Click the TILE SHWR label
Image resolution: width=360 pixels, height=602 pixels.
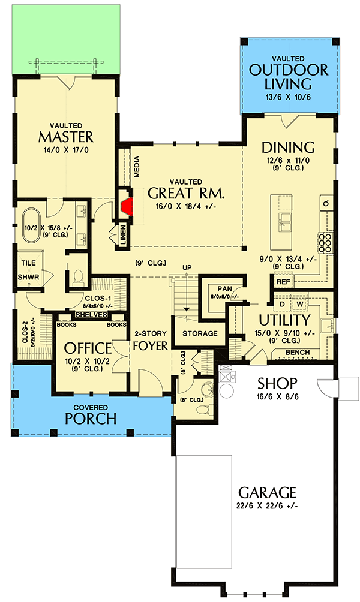click(29, 270)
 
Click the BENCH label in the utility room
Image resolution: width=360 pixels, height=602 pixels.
click(298, 352)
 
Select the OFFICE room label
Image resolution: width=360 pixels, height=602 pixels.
click(88, 348)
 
